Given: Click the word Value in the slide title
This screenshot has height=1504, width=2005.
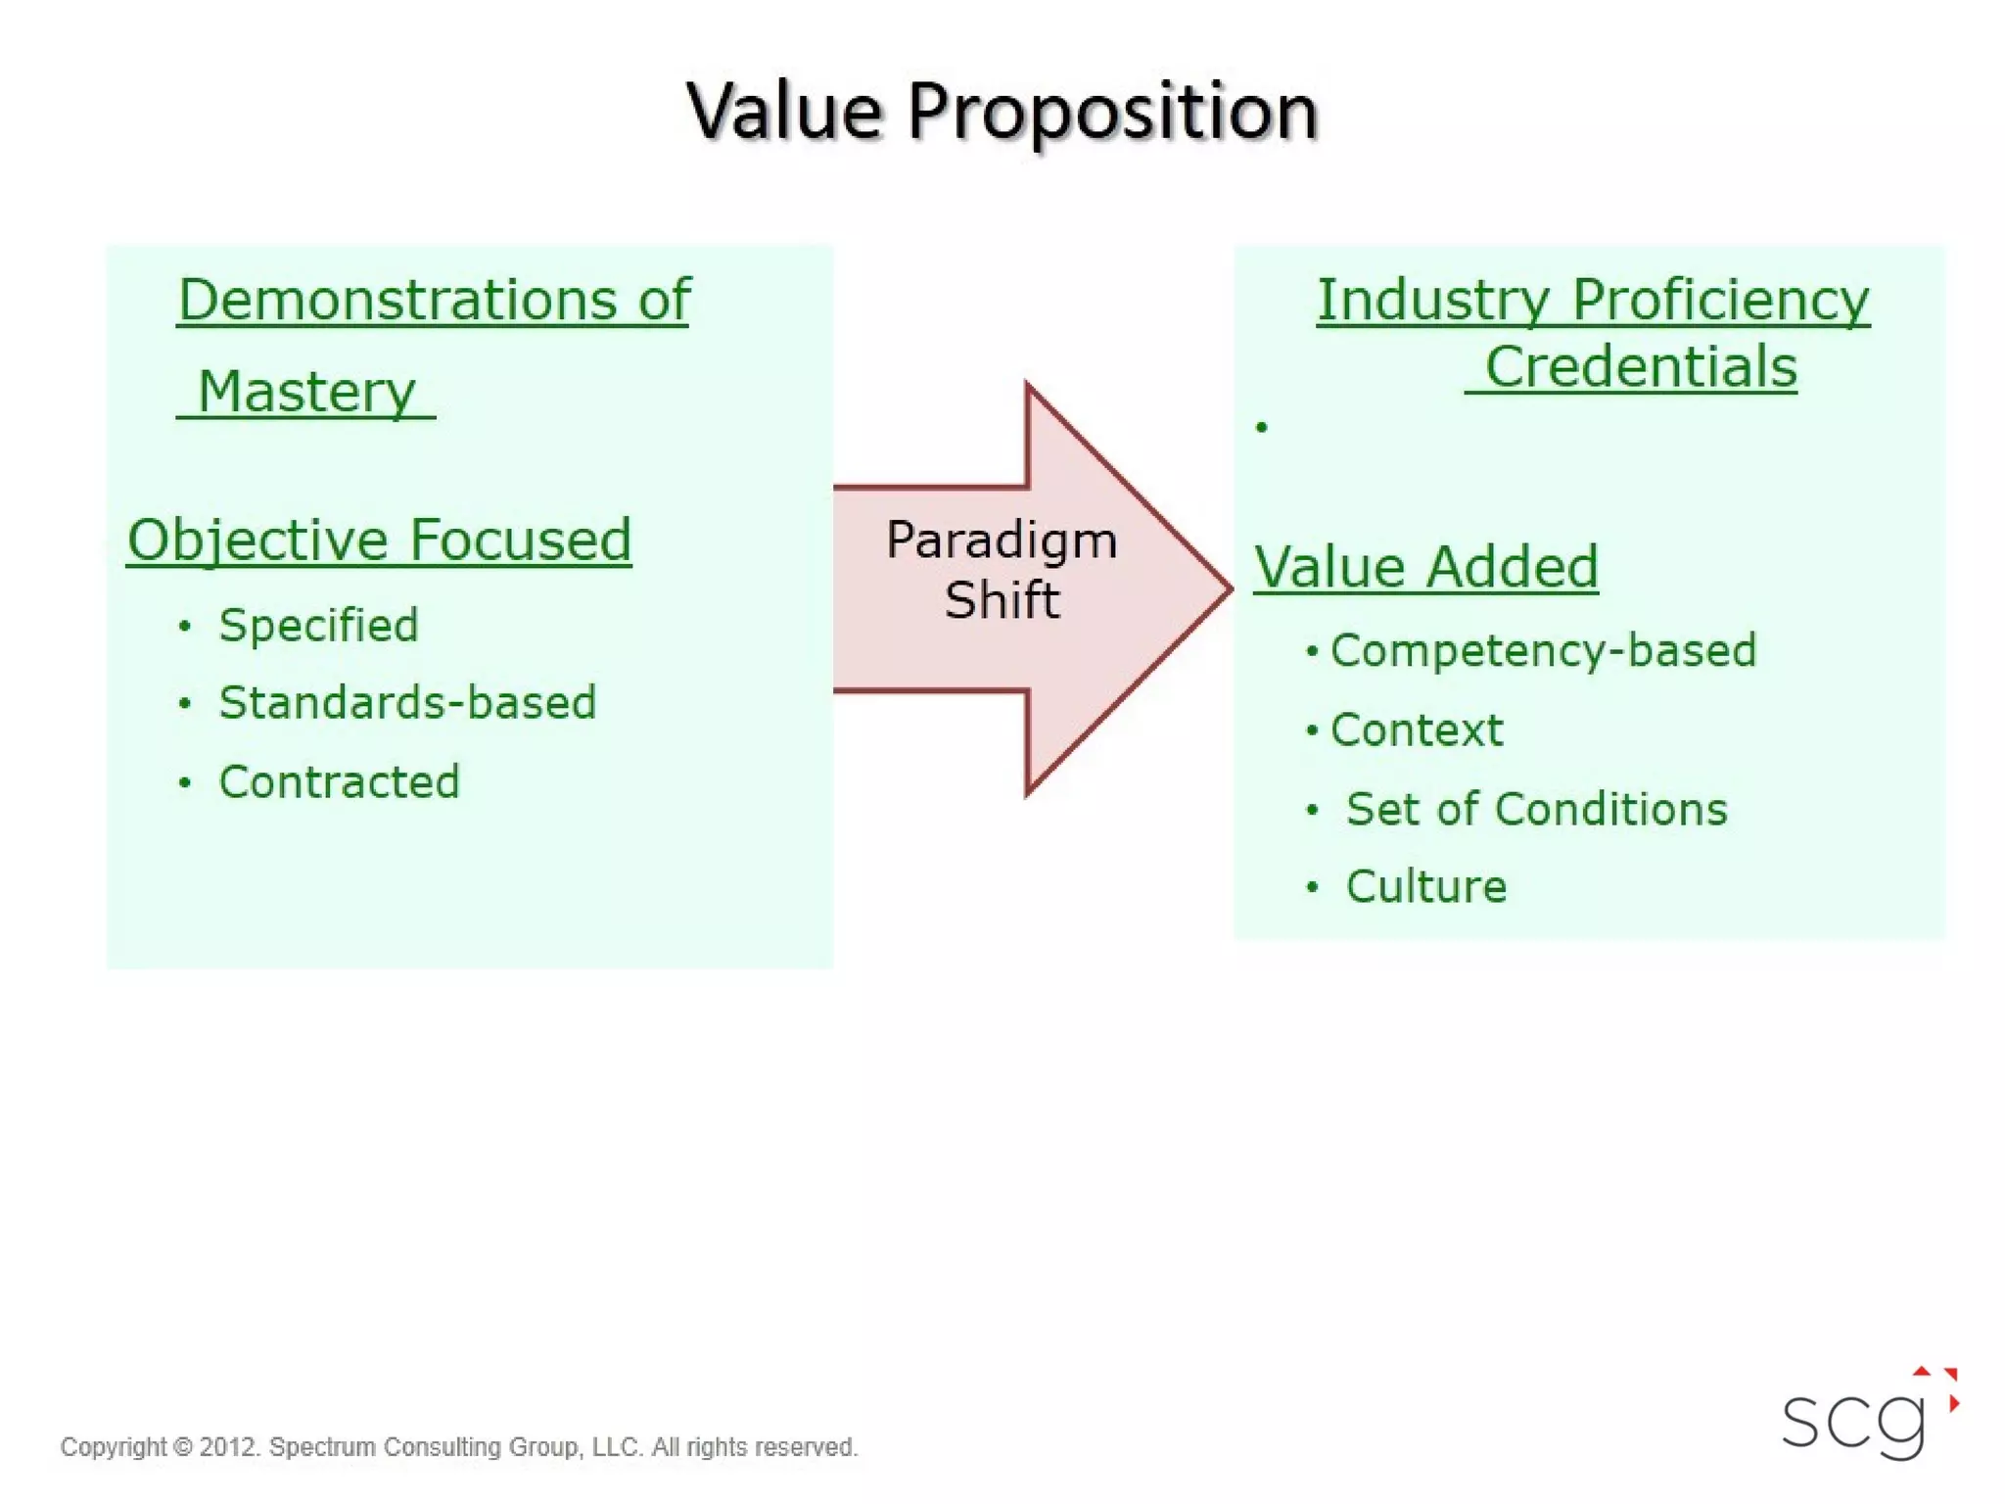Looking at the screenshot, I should click(x=783, y=111).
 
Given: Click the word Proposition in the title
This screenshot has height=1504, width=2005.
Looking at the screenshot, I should click(x=1112, y=113).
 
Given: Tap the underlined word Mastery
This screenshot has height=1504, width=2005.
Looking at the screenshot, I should click(x=306, y=392).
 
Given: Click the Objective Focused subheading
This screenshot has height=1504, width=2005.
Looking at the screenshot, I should click(x=379, y=540).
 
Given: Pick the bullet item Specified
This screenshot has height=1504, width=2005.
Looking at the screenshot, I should click(x=318, y=625).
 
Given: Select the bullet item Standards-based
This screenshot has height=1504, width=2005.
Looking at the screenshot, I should click(x=407, y=702).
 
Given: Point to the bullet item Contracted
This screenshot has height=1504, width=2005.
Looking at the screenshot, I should click(x=339, y=781).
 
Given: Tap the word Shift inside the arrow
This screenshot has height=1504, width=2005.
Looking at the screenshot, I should click(x=1001, y=600).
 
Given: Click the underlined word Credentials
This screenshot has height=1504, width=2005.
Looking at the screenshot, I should click(x=1640, y=367).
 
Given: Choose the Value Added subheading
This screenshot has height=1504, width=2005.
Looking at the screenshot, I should click(x=1425, y=567).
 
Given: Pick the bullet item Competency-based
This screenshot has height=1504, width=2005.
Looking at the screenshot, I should click(x=1543, y=651).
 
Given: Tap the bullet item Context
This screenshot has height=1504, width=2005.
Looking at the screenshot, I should click(x=1416, y=730).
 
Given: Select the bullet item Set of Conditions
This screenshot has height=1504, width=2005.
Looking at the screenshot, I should click(x=1536, y=809).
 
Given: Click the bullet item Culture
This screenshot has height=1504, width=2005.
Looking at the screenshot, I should click(x=1425, y=886).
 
